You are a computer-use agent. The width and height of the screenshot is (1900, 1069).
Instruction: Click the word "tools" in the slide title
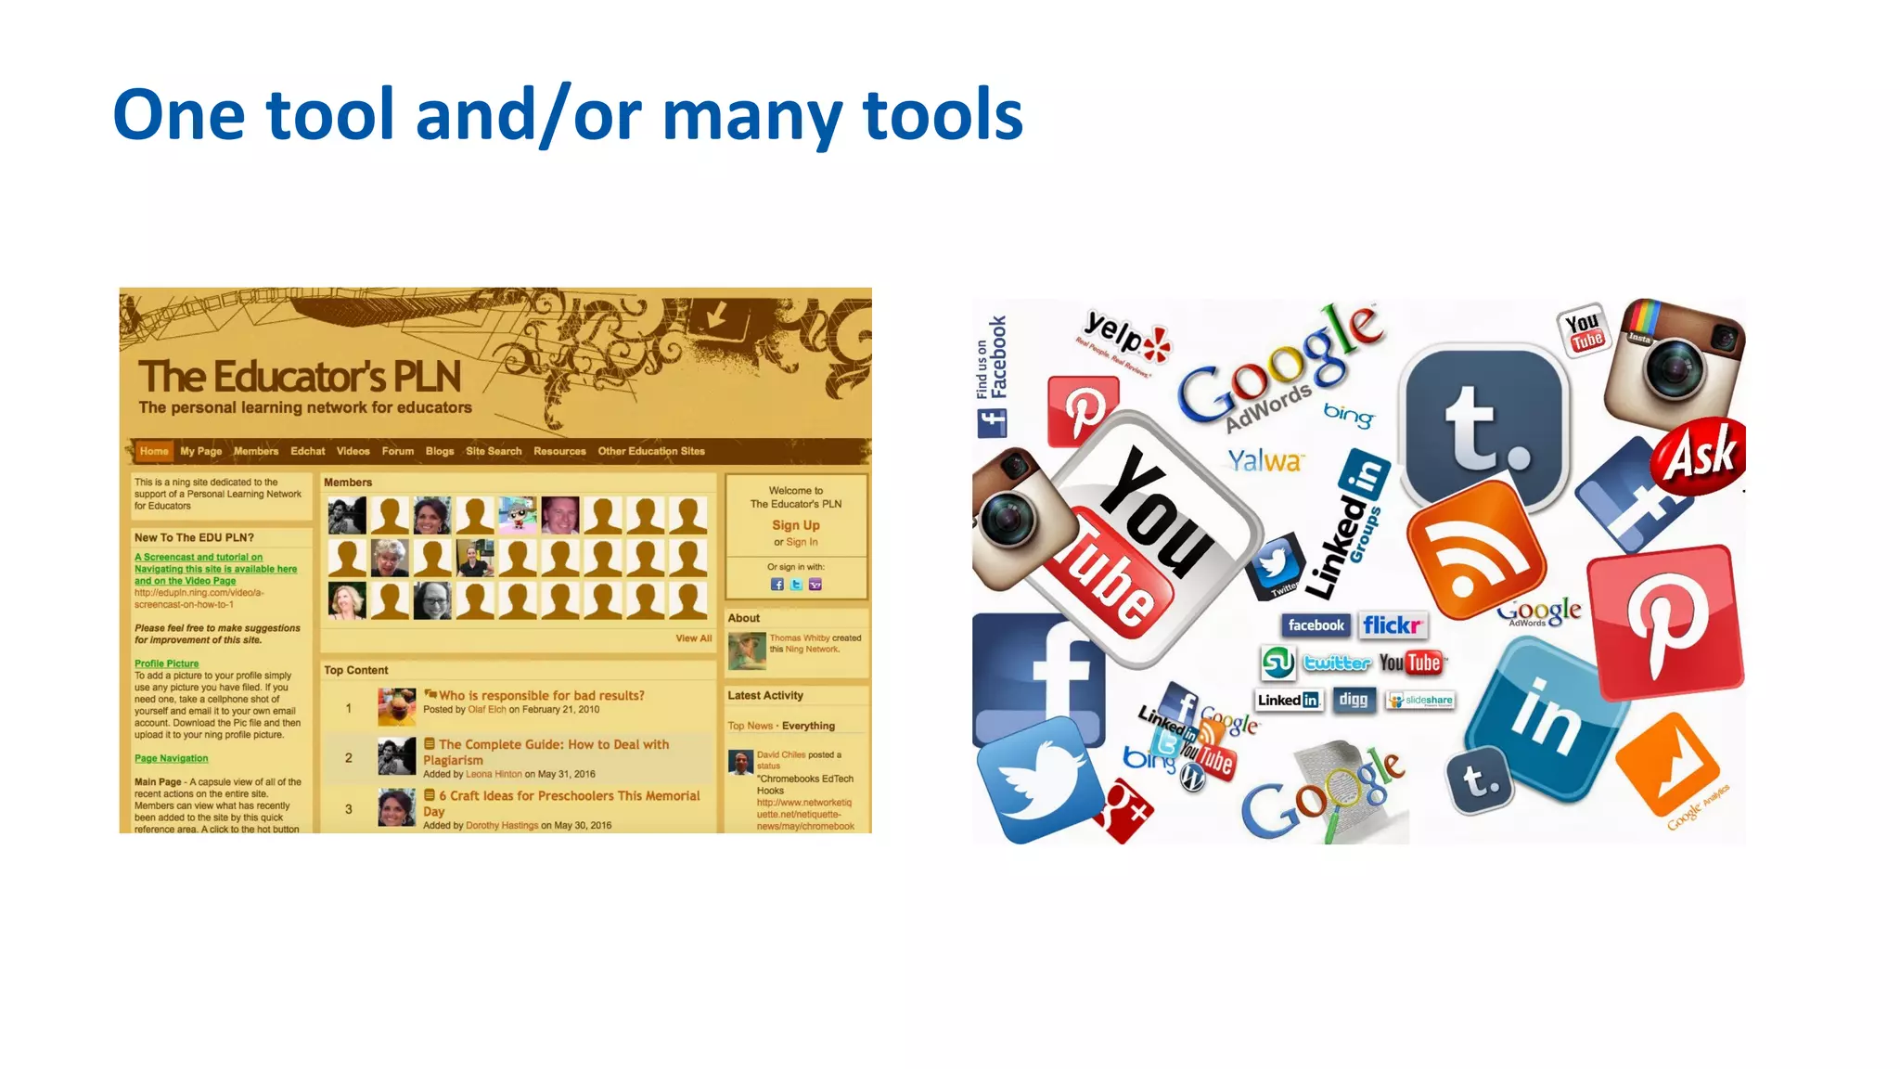(942, 115)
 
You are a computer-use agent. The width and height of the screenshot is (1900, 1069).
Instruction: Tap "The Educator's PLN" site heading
(300, 377)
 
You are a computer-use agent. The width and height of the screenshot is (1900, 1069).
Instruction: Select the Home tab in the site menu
(154, 451)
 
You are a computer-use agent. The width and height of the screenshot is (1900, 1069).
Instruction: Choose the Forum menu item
(397, 451)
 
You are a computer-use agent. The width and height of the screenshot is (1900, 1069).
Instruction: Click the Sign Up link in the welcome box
(795, 525)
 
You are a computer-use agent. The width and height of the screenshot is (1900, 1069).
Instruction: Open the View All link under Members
(693, 638)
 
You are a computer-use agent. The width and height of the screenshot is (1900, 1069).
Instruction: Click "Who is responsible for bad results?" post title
(541, 695)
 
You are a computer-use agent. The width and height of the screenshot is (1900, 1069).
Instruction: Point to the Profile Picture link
(166, 663)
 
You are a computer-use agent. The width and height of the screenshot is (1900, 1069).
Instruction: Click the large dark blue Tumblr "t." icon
(1482, 426)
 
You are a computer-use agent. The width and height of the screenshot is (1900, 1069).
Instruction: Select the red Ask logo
(1701, 455)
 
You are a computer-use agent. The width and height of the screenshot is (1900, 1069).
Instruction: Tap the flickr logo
(1392, 625)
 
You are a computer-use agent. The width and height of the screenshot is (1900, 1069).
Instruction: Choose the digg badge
(1353, 700)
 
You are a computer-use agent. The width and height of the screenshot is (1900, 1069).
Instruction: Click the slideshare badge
(1420, 700)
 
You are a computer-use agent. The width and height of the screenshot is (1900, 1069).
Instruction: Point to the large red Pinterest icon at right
(1664, 623)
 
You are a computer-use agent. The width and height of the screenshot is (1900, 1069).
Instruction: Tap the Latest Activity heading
(764, 695)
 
